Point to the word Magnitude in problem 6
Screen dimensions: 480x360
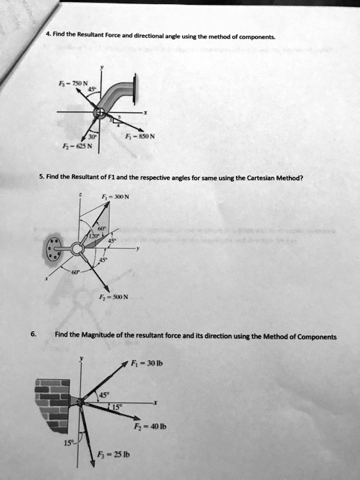coord(102,337)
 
